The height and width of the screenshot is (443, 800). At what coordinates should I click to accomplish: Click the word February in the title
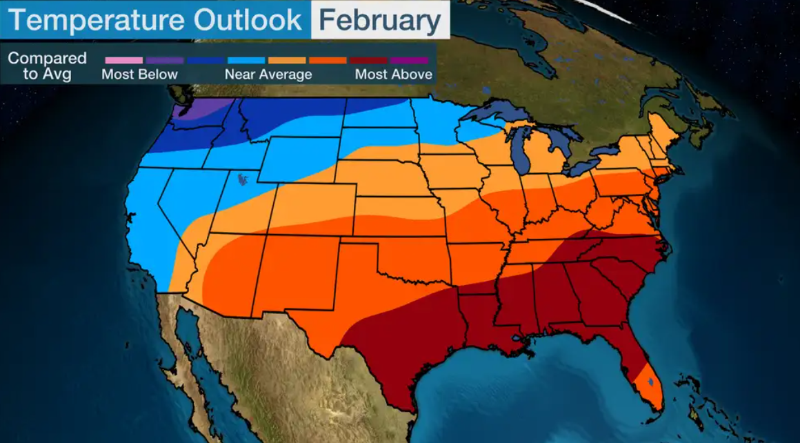(x=380, y=20)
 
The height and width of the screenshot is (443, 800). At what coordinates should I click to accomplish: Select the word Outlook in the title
(x=247, y=20)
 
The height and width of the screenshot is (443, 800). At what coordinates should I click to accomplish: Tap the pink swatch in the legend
(x=123, y=61)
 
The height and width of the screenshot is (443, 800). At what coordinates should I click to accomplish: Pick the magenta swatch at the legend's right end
(x=408, y=61)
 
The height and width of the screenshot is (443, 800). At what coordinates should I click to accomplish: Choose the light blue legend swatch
(x=246, y=61)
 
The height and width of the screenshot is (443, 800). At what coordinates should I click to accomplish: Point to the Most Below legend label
(x=139, y=75)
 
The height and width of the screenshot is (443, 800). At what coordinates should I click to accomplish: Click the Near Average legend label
(x=268, y=75)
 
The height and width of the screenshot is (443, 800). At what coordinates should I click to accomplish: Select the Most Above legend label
(x=393, y=75)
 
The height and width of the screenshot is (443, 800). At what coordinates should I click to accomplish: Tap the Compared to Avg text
(x=47, y=66)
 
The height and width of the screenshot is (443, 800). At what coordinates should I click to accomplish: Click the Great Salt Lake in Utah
(x=243, y=180)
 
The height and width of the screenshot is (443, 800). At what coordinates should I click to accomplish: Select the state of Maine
(x=663, y=131)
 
